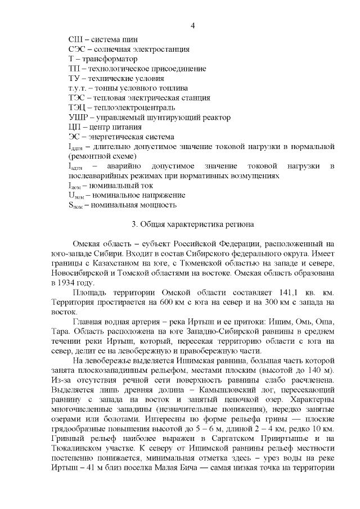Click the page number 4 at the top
point(193,26)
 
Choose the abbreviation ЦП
point(74,127)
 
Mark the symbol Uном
point(75,195)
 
